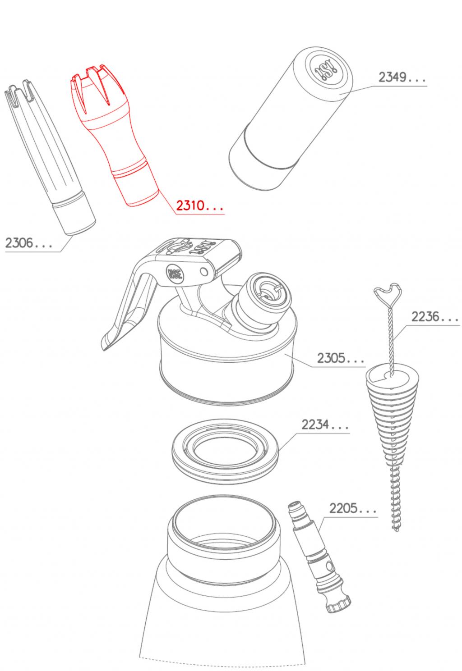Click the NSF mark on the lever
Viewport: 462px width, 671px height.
(x=175, y=274)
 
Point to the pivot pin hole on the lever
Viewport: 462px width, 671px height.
(x=204, y=272)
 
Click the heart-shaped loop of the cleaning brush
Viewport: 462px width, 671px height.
(x=388, y=293)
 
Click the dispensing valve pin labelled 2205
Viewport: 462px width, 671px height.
(x=319, y=557)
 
